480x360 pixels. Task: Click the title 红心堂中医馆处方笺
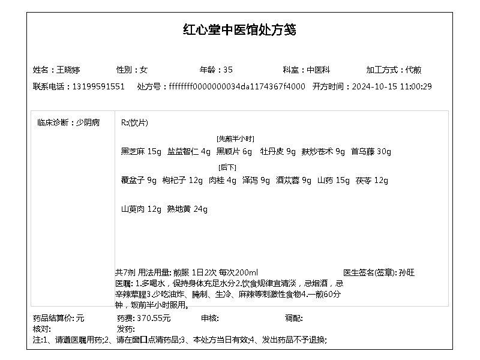pyautogui.click(x=239, y=30)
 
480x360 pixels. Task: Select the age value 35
pyautogui.click(x=227, y=70)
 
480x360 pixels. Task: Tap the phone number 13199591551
pyautogui.click(x=98, y=86)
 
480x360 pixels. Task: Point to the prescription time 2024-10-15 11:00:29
pyautogui.click(x=391, y=86)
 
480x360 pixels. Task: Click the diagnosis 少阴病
pyautogui.click(x=88, y=122)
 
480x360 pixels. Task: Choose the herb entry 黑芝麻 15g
pyautogui.click(x=141, y=152)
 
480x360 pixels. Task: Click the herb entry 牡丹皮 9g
pyautogui.click(x=278, y=152)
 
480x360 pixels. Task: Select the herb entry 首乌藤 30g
pyautogui.click(x=371, y=152)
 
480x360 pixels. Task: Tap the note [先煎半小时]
pyautogui.click(x=235, y=139)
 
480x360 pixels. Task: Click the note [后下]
pyautogui.click(x=227, y=167)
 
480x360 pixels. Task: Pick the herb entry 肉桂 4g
pyautogui.click(x=223, y=181)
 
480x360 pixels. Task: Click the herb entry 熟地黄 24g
pyautogui.click(x=187, y=209)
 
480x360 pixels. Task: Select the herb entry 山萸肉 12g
pyautogui.click(x=141, y=209)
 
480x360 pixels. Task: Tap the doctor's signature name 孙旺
pyautogui.click(x=407, y=272)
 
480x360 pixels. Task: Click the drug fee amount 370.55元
pyautogui.click(x=154, y=318)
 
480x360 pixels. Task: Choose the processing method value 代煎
pyautogui.click(x=413, y=70)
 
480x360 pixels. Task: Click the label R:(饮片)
pyautogui.click(x=134, y=123)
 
